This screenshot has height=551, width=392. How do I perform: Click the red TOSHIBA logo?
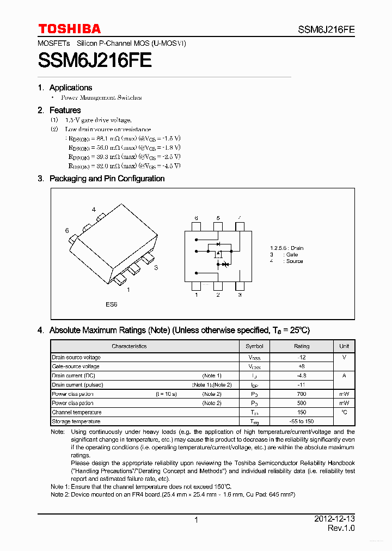(x=69, y=29)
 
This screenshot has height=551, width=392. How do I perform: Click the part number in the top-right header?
(x=326, y=30)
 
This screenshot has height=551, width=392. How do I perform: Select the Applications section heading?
(x=70, y=88)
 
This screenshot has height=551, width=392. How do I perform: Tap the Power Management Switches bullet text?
(x=101, y=98)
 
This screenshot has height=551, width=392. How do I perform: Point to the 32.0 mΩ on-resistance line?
(x=124, y=166)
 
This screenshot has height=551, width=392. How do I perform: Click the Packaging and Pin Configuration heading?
(x=107, y=179)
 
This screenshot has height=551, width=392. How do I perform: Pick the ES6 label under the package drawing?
(x=112, y=304)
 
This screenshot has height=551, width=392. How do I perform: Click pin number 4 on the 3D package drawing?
(x=94, y=210)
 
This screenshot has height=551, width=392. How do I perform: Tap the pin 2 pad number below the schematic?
(x=218, y=295)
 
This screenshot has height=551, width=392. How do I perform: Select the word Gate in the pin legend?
(x=292, y=255)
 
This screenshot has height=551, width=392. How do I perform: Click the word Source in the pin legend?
(x=295, y=261)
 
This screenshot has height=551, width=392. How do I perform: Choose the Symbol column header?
(x=254, y=346)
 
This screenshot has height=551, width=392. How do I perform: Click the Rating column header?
(x=302, y=346)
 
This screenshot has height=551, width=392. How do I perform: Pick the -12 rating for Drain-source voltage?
(x=302, y=358)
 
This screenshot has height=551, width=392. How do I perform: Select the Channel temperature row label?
(x=77, y=413)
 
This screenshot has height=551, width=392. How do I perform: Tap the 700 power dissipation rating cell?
(x=302, y=394)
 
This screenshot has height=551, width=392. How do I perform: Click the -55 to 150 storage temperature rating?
(x=302, y=422)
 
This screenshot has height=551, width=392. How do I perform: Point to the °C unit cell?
(x=344, y=413)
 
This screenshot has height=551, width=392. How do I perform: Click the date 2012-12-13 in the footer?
(x=334, y=519)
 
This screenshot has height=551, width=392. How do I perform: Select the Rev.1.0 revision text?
(x=341, y=529)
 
